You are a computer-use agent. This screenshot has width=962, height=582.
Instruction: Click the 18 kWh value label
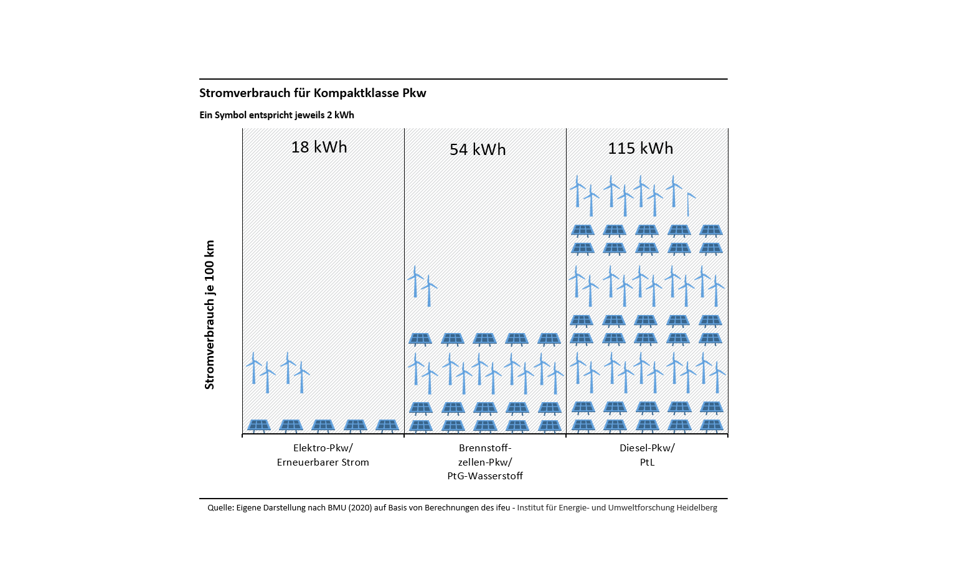319,147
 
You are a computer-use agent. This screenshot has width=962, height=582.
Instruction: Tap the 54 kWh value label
478,149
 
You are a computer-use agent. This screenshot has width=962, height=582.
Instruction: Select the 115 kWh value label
640,148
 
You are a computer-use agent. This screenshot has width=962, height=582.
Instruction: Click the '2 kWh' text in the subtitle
340,115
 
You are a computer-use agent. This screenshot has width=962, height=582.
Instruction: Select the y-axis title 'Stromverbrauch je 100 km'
210,315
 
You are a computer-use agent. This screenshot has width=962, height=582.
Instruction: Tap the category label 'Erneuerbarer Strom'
323,462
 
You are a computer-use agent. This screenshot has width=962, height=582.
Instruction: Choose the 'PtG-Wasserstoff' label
484,476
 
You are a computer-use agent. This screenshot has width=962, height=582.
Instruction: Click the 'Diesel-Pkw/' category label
646,448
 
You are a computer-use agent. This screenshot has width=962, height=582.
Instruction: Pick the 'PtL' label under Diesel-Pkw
647,462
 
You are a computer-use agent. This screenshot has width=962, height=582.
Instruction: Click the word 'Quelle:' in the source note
220,508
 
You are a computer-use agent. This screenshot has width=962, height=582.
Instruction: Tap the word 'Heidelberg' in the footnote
697,508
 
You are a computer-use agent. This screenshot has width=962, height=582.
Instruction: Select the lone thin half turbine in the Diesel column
689,204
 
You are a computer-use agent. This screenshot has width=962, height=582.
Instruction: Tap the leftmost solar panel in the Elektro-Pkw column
258,426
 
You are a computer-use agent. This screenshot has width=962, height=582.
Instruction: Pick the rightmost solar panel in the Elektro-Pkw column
387,426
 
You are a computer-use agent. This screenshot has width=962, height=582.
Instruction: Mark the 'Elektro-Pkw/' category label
323,448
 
